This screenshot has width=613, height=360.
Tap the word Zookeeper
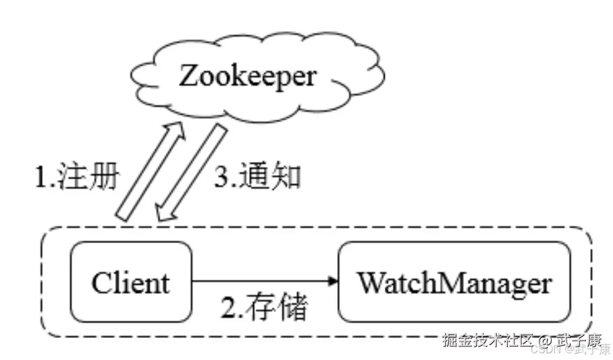click(247, 77)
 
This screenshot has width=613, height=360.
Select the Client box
click(130, 282)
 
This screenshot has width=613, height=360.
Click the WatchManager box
click(454, 282)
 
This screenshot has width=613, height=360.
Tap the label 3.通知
click(258, 177)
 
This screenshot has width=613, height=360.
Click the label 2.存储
click(264, 309)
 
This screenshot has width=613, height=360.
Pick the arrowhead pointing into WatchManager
click(333, 282)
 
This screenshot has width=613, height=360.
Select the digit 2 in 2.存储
click(228, 309)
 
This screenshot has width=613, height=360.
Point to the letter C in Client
click(102, 283)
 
